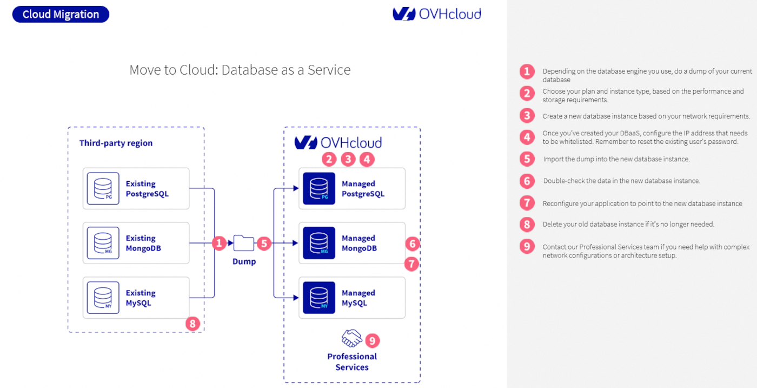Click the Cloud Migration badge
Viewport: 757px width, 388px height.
coord(61,15)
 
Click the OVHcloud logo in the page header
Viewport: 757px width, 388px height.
coord(437,14)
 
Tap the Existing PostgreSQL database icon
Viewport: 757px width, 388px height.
coord(103,188)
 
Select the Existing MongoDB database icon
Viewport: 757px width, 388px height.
coord(103,243)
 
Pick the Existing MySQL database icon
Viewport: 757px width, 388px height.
coord(103,298)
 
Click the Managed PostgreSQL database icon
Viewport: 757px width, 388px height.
coord(319,188)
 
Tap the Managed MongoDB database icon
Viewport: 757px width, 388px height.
coord(319,243)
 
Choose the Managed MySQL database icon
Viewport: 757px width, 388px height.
coord(319,298)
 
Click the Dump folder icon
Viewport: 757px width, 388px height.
coord(244,244)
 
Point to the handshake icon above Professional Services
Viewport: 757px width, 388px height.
coord(351,338)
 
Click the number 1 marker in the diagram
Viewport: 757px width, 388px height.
coord(219,244)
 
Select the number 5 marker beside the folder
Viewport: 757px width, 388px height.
coord(263,244)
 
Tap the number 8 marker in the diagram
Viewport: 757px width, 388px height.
coord(192,324)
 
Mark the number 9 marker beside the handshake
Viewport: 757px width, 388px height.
coord(373,340)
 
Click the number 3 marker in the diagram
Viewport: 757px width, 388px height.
coord(348,159)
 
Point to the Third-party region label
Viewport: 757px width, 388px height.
coord(116,143)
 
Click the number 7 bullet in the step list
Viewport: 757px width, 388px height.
coord(527,203)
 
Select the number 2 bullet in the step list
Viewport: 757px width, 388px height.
coord(527,93)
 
